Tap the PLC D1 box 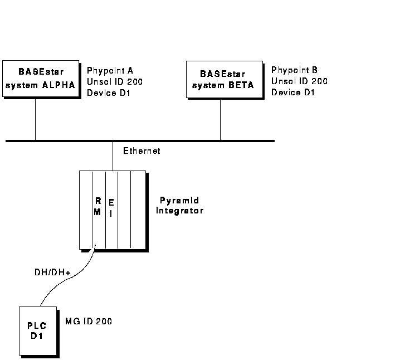[37, 330]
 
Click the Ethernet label [142, 150]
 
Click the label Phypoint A [110, 71]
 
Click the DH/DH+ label [51, 273]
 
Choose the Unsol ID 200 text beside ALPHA [115, 82]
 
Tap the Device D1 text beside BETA [293, 92]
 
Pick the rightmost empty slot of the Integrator [138, 209]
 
